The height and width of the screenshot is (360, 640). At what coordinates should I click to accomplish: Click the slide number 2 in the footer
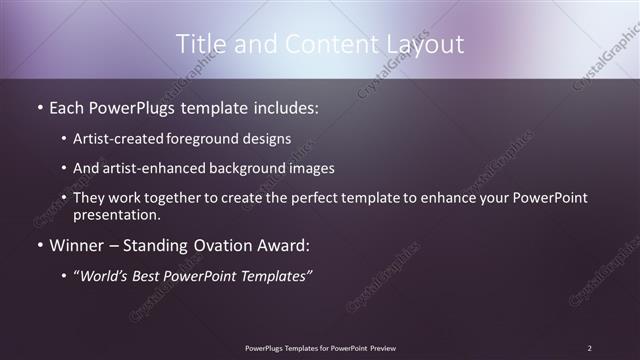(x=589, y=348)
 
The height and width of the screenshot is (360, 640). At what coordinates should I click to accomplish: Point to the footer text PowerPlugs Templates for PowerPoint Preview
(x=320, y=348)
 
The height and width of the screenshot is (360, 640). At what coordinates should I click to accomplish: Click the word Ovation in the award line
(x=231, y=245)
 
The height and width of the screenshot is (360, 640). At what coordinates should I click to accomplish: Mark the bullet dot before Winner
(x=39, y=245)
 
